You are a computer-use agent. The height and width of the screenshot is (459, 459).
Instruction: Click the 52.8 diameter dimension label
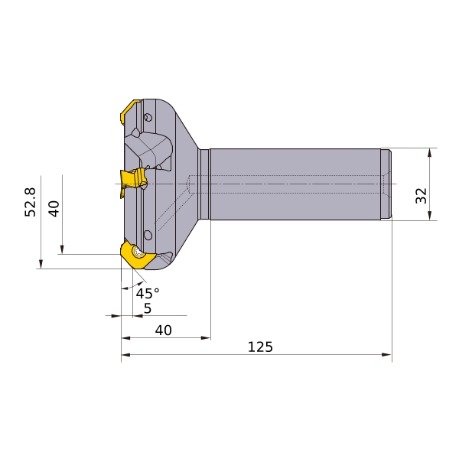coord(30,202)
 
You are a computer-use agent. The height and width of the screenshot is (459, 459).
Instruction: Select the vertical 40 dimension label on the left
coord(54,209)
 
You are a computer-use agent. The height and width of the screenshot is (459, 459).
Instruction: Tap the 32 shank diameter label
coord(422,196)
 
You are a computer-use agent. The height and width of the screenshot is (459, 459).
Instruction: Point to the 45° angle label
coord(148,293)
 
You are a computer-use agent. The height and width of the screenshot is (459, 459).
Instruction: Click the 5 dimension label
coord(148,308)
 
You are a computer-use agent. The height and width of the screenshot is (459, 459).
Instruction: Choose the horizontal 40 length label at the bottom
coord(164,330)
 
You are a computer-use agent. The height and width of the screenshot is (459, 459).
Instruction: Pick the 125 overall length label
coord(260,347)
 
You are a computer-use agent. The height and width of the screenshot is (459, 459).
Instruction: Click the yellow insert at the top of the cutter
coord(131,111)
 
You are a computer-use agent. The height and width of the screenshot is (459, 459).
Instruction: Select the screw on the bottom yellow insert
coord(138,252)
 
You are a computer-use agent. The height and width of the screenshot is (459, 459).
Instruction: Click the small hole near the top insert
coord(148,117)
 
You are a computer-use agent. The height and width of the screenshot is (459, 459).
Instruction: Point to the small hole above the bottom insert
coord(148,235)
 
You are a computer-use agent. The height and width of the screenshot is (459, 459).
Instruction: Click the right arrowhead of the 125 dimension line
coord(387,355)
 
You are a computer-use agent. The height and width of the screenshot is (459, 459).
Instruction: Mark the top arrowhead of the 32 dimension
coord(429,153)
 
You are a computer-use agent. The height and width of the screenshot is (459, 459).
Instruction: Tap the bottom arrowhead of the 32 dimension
coord(429,216)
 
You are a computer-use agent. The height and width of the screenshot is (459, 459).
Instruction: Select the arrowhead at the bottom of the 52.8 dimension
coord(41,264)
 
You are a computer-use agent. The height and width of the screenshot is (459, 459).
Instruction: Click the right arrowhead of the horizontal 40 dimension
coord(206,338)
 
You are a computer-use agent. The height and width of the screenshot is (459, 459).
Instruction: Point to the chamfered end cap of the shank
coord(386,184)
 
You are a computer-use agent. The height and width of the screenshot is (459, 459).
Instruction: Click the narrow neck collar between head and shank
coord(204,184)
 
